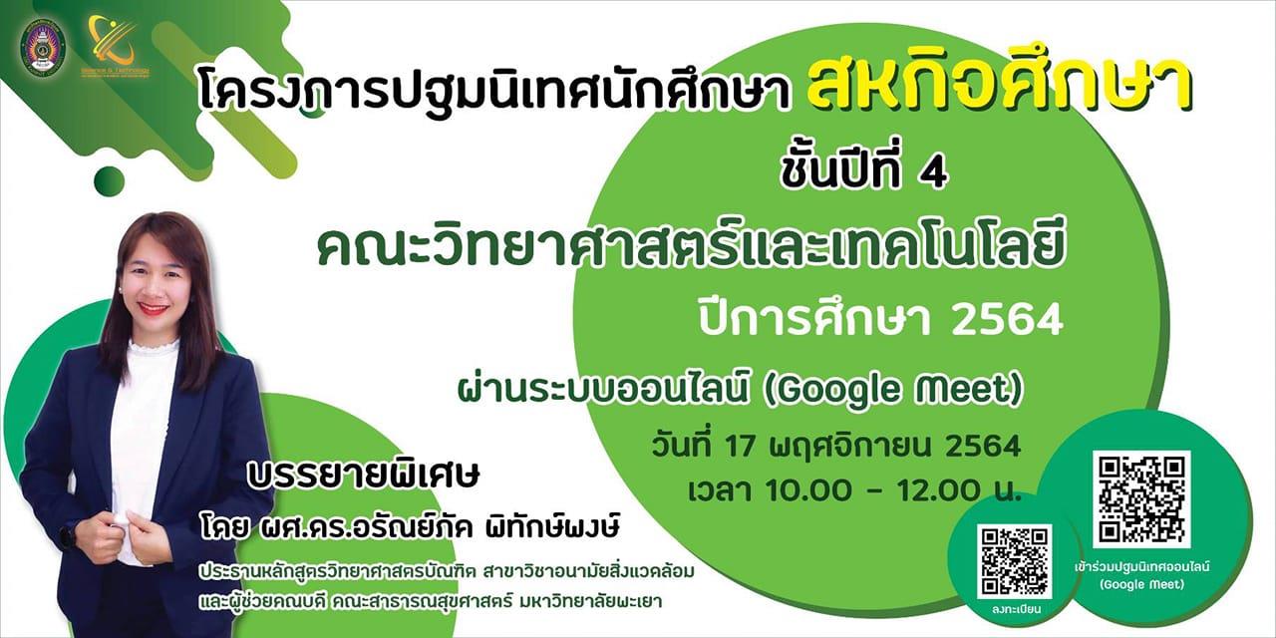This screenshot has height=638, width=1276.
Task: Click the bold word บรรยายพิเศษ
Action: pos(364,475)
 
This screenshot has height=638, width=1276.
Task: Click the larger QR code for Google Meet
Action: pos(1141,498)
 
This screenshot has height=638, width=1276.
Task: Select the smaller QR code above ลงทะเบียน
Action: pos(1015,561)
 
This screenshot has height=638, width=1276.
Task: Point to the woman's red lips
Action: pos(153,309)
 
